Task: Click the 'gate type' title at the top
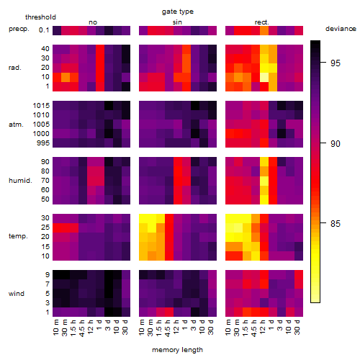click(x=178, y=12)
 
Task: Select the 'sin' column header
click(x=177, y=22)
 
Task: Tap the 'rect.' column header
click(x=261, y=22)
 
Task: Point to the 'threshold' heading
click(x=40, y=17)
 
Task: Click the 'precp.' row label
click(x=19, y=29)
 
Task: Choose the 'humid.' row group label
click(x=20, y=180)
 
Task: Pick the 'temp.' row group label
click(x=18, y=236)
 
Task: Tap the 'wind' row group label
click(x=17, y=294)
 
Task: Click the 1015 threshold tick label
click(x=41, y=105)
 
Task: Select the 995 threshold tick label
click(x=43, y=143)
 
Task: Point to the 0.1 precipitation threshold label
click(x=44, y=30)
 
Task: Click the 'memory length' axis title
click(x=177, y=350)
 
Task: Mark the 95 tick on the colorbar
click(x=336, y=63)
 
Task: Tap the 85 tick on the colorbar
click(x=336, y=223)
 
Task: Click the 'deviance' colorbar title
click(x=341, y=29)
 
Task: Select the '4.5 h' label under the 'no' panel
click(x=81, y=328)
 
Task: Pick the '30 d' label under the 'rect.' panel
click(x=297, y=327)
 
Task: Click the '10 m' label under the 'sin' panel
click(x=142, y=328)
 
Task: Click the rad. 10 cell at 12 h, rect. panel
click(x=264, y=77)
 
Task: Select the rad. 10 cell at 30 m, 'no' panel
click(x=66, y=77)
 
